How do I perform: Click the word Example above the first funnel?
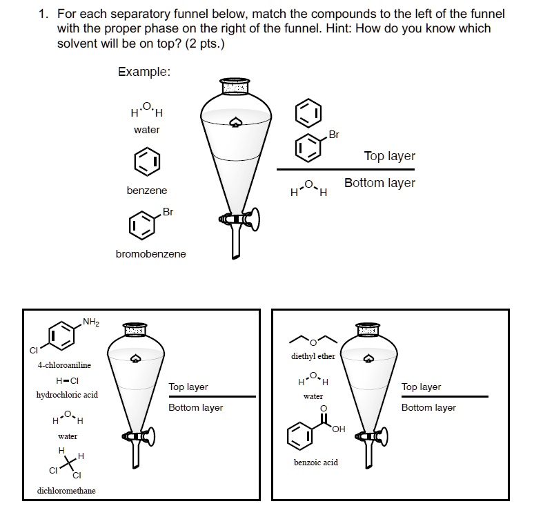pyautogui.click(x=144, y=72)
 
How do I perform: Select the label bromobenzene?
pyautogui.click(x=150, y=254)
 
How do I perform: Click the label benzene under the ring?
pyautogui.click(x=146, y=190)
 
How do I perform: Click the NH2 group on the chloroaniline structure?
pyautogui.click(x=91, y=321)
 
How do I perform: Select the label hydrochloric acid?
pyautogui.click(x=67, y=395)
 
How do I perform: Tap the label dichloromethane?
pyautogui.click(x=66, y=491)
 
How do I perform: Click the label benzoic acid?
pyautogui.click(x=316, y=463)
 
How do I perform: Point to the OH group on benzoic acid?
pyautogui.click(x=338, y=430)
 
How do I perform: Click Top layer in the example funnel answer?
pyautogui.click(x=389, y=156)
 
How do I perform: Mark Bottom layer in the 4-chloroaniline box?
pyautogui.click(x=195, y=407)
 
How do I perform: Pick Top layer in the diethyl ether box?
pyautogui.click(x=421, y=387)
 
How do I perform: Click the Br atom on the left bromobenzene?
pyautogui.click(x=168, y=211)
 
